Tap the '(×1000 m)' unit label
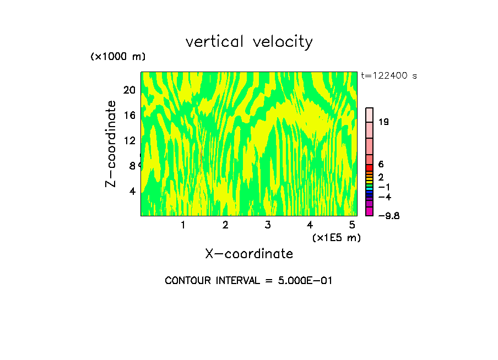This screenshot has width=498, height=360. click(x=117, y=57)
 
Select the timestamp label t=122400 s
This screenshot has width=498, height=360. click(x=389, y=76)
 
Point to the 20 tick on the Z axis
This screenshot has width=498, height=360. click(x=129, y=90)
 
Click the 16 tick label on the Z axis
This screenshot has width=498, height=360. click(x=129, y=115)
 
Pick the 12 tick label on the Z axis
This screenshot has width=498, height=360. click(x=129, y=140)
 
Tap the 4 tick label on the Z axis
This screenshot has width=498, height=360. click(x=132, y=191)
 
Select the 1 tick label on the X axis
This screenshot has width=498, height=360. click(x=183, y=225)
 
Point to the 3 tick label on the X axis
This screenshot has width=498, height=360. click(x=267, y=225)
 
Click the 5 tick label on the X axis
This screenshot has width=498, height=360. click(x=351, y=225)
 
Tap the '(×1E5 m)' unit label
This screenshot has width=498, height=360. click(x=336, y=237)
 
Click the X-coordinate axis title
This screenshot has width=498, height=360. click(x=249, y=254)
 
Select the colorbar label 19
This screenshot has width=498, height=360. click(x=383, y=122)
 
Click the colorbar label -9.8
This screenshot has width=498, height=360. click(x=388, y=215)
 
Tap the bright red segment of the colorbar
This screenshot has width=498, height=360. click(x=370, y=167)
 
